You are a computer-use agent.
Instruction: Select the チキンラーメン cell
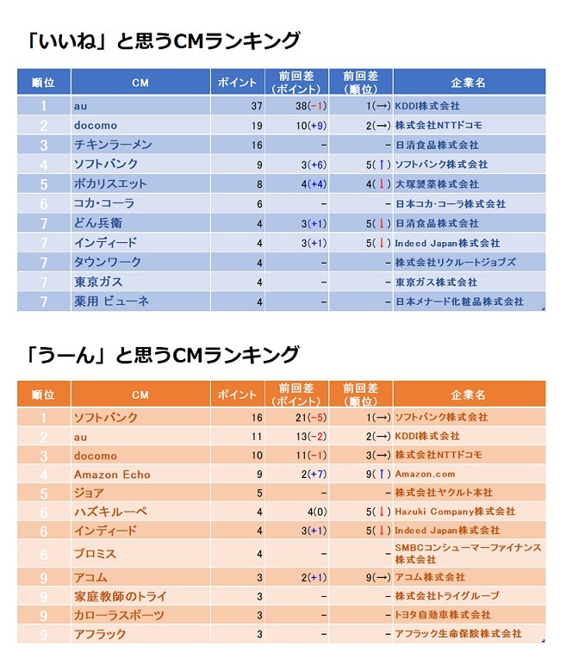(x=113, y=145)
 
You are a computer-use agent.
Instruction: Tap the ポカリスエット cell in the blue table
(x=110, y=183)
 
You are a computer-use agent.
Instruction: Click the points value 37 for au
(x=256, y=106)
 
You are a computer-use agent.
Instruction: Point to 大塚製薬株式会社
(x=436, y=184)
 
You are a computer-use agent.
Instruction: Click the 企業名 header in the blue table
(x=468, y=83)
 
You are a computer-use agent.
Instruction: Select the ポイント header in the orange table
(x=238, y=395)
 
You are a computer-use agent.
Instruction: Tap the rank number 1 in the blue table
(x=43, y=106)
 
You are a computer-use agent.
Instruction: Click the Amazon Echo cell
(x=112, y=474)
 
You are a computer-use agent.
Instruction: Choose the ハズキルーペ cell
(x=110, y=512)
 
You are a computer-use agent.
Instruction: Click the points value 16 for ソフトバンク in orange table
(x=256, y=418)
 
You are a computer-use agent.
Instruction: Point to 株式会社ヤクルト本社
(x=444, y=493)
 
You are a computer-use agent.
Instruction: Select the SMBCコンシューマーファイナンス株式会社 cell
(x=468, y=553)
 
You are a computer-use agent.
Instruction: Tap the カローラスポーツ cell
(x=119, y=615)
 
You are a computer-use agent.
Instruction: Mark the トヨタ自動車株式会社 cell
(x=443, y=615)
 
